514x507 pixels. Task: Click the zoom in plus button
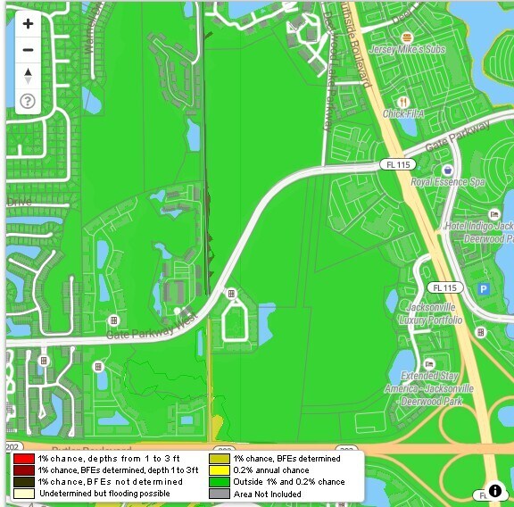point(28,24)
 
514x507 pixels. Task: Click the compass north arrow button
point(28,75)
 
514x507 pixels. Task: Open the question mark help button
point(28,101)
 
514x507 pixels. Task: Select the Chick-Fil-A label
point(402,113)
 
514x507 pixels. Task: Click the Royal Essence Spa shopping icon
point(447,169)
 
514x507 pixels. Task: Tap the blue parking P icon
point(485,288)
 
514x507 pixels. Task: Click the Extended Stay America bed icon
point(429,364)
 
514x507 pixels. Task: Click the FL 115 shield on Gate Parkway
point(394,164)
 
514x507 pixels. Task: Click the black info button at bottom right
point(495,490)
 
